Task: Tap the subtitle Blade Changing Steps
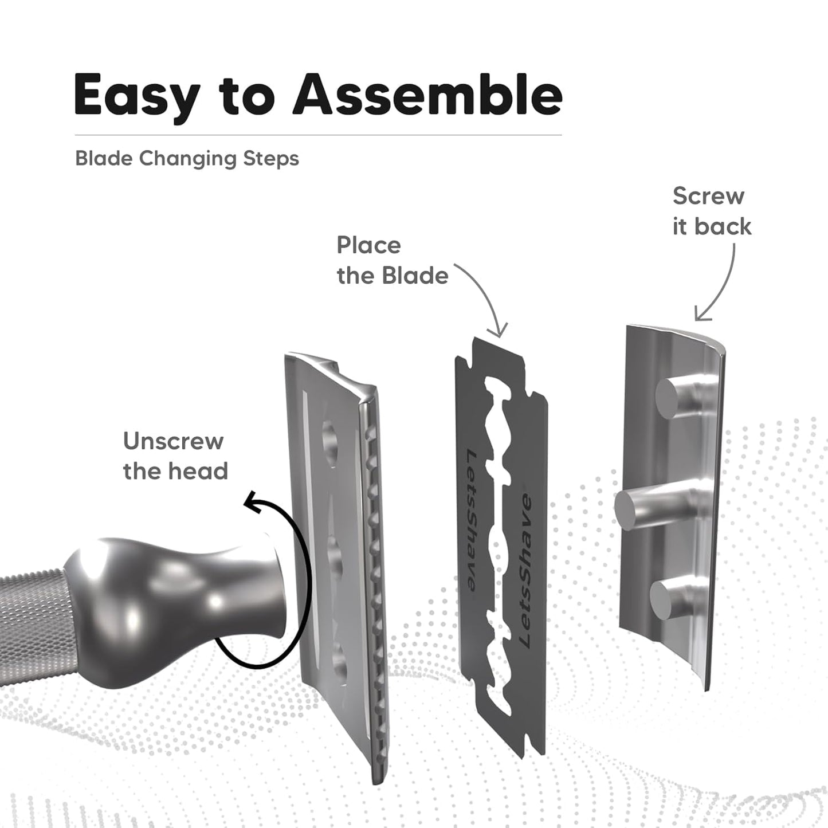[187, 158]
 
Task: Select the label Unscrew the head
[175, 456]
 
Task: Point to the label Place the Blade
[392, 260]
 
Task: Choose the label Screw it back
[711, 211]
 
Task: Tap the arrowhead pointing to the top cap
[700, 316]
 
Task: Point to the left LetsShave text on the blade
[471, 520]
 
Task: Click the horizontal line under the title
[318, 135]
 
